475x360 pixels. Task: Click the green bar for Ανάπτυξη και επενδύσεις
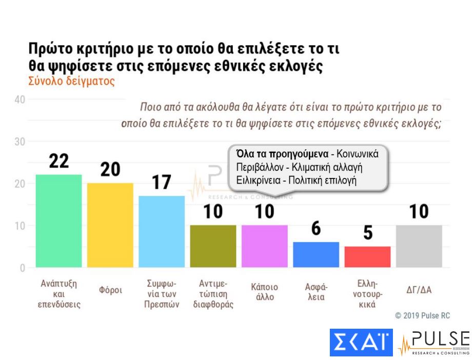click(x=58, y=221)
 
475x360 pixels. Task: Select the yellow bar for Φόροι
click(x=110, y=225)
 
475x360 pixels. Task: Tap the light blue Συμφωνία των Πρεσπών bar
click(x=162, y=231)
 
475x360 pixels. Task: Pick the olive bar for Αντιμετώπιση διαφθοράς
click(x=213, y=246)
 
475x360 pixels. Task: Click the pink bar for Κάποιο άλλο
click(x=264, y=246)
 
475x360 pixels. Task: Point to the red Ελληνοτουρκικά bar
click(x=367, y=257)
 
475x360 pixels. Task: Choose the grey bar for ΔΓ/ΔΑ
click(x=419, y=246)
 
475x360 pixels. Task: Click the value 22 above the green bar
click(x=58, y=161)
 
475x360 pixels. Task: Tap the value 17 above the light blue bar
click(x=162, y=183)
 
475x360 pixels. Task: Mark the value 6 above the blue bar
click(x=316, y=229)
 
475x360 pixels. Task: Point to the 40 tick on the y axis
click(x=20, y=99)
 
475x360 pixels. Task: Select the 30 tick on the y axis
click(x=20, y=142)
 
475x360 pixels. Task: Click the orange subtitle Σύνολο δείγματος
click(x=71, y=81)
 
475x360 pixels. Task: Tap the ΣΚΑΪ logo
click(x=361, y=343)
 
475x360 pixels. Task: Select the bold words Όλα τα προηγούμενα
click(x=282, y=153)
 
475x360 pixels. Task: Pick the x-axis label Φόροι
click(x=110, y=290)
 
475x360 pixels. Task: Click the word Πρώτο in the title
click(x=52, y=50)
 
